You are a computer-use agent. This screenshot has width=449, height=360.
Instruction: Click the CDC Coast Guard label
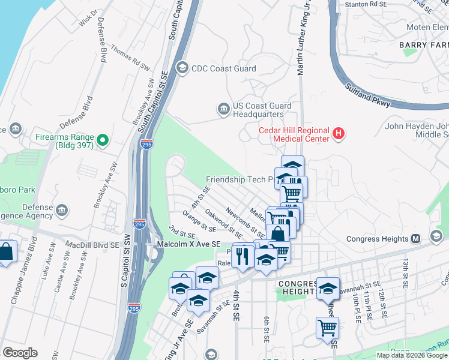[223, 68]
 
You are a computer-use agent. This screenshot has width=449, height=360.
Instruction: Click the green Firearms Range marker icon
[103, 141]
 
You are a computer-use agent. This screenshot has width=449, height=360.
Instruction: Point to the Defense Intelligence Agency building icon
[62, 211]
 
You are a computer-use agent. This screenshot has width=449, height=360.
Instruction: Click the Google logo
[20, 353]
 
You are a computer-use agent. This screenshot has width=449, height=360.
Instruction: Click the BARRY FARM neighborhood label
[423, 45]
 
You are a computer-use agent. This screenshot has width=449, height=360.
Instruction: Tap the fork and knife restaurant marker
[243, 256]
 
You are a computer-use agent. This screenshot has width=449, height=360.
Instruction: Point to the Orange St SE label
[199, 221]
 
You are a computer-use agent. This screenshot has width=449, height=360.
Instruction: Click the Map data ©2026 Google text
[412, 355]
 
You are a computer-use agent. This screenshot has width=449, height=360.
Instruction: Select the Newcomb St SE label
[245, 221]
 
